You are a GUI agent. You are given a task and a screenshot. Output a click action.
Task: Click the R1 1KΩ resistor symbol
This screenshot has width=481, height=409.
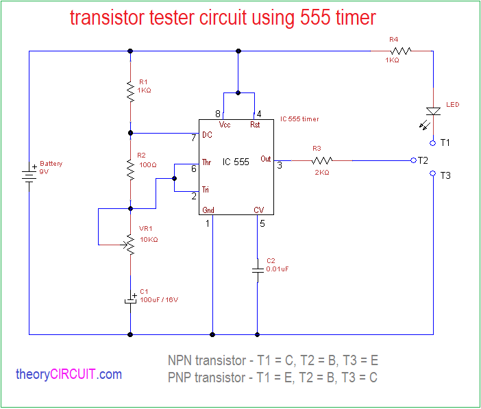pyautogui.click(x=129, y=91)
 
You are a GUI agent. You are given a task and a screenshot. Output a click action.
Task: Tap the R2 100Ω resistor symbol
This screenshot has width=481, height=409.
pyautogui.click(x=129, y=168)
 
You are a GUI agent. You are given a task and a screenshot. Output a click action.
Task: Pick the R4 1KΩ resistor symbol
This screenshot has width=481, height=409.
pyautogui.click(x=401, y=50)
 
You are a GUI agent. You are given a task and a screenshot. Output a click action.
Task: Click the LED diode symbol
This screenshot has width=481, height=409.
pyautogui.click(x=433, y=111)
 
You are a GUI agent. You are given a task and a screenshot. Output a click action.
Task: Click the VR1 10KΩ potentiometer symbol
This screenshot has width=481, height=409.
pyautogui.click(x=129, y=243)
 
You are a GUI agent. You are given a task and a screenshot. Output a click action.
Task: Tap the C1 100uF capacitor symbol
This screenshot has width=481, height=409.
pyautogui.click(x=129, y=299)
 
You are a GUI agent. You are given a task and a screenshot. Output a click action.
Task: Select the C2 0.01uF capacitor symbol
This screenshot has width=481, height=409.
pyautogui.click(x=257, y=268)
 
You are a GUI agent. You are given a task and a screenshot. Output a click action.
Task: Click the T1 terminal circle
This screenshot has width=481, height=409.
pyautogui.click(x=433, y=142)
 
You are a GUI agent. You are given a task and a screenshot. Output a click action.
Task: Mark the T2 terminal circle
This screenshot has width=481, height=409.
pyautogui.click(x=413, y=160)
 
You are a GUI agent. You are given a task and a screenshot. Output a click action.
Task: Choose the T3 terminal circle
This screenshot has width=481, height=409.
pyautogui.click(x=433, y=175)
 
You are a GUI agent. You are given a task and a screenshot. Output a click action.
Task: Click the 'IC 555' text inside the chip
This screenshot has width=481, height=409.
pyautogui.click(x=236, y=162)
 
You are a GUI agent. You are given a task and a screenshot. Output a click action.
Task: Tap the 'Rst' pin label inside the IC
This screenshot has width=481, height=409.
pyautogui.click(x=255, y=125)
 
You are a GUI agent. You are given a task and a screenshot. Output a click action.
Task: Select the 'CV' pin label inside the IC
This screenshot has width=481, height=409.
pyautogui.click(x=258, y=210)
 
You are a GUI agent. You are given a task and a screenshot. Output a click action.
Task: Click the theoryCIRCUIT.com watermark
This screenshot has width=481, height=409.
pyautogui.click(x=69, y=374)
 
